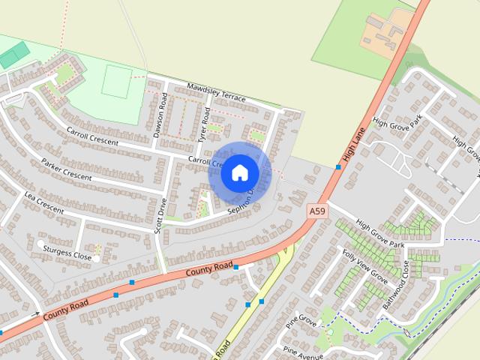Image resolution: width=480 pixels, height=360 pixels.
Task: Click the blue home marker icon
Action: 239,172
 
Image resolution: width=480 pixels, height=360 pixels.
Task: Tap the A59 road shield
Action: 317,212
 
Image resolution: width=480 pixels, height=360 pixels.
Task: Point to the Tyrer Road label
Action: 202,124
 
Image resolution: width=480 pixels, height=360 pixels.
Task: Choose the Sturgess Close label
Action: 67,253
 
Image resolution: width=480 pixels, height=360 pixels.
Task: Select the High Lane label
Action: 352,146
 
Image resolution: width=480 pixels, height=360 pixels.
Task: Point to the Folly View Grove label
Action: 365,266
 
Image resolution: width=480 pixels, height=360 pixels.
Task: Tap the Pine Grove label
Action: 301,321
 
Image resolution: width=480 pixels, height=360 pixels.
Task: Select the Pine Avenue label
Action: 303,351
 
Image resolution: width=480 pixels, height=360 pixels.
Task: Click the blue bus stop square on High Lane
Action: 338,166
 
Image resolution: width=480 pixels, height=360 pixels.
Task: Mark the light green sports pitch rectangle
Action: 116,81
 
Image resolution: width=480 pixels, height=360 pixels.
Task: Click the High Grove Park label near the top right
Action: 397,121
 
